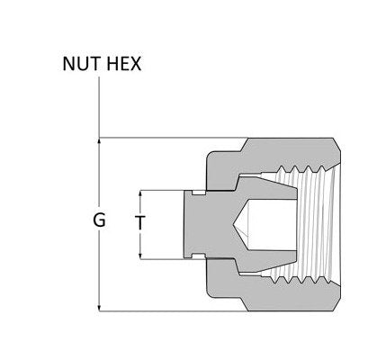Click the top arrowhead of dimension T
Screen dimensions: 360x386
point(142,194)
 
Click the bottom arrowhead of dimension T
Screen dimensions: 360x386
point(142,256)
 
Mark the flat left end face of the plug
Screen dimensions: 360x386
point(184,225)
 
